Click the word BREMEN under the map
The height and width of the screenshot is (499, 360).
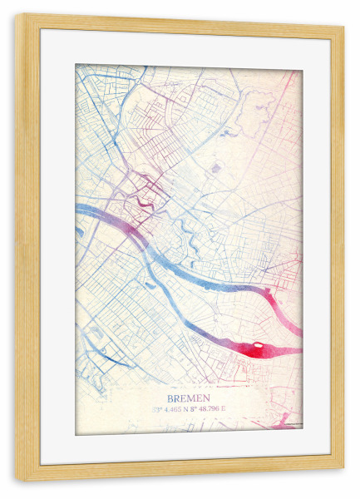189,398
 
